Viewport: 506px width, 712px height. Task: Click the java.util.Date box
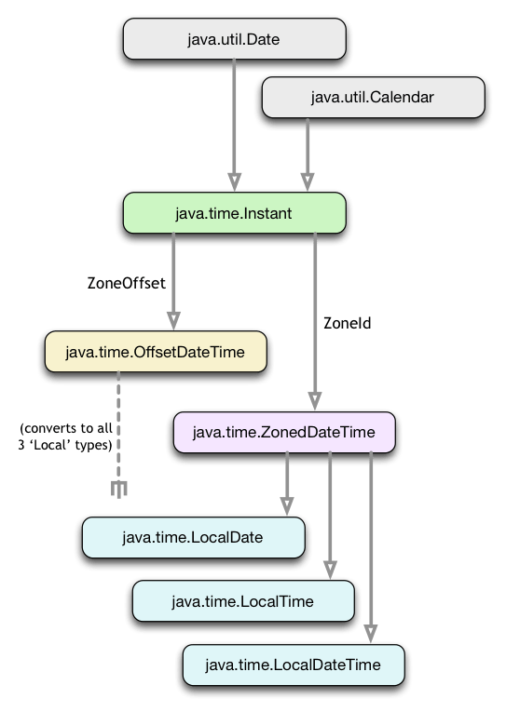(233, 40)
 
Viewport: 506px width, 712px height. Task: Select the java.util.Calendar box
(373, 97)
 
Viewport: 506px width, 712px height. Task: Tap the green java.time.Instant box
(233, 213)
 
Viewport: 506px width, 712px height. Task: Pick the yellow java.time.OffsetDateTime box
(156, 352)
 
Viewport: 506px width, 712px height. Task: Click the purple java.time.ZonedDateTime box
(283, 432)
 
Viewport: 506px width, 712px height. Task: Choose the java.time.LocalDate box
(192, 537)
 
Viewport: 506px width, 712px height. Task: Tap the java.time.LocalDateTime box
(293, 665)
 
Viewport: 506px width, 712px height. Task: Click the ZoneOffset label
(126, 283)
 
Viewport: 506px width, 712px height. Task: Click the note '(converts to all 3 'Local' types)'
(65, 437)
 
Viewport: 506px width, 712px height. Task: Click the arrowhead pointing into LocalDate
(287, 504)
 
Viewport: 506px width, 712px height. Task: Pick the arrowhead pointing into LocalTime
(329, 568)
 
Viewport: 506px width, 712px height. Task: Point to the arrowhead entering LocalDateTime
(371, 632)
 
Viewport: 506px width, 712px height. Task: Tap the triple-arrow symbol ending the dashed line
(119, 489)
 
